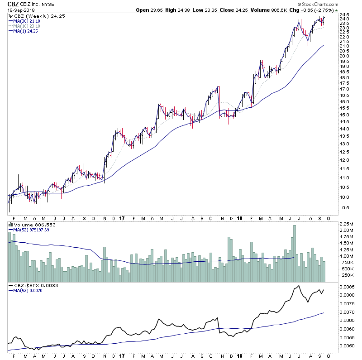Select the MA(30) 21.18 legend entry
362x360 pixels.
click(26, 20)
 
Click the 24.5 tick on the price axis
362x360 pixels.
click(345, 15)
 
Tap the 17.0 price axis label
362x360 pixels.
click(345, 89)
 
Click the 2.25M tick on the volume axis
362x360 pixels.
click(347, 224)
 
